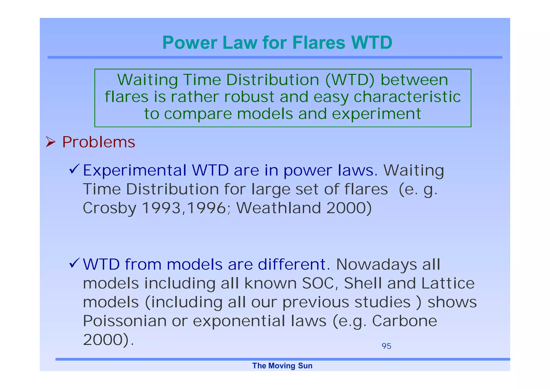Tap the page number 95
coord(386,346)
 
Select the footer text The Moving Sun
coord(282,366)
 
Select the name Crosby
coord(109,208)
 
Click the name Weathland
coord(278,208)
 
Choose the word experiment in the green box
coord(376,114)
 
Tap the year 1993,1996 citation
coord(184,208)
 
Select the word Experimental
coord(135,171)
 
